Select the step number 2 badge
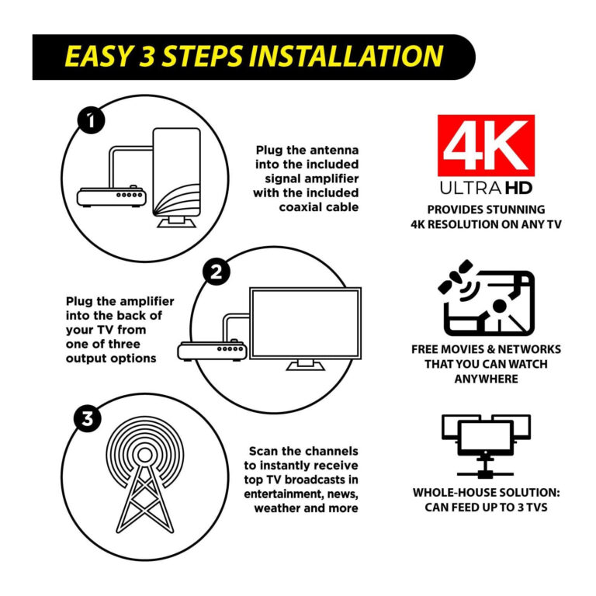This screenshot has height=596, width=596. [x=216, y=272]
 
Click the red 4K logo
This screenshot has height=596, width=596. [x=486, y=145]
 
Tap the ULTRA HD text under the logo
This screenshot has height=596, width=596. [x=486, y=189]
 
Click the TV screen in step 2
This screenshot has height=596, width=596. [x=304, y=323]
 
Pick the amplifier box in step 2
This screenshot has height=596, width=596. [x=211, y=350]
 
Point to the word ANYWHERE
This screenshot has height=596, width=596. [x=486, y=379]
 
